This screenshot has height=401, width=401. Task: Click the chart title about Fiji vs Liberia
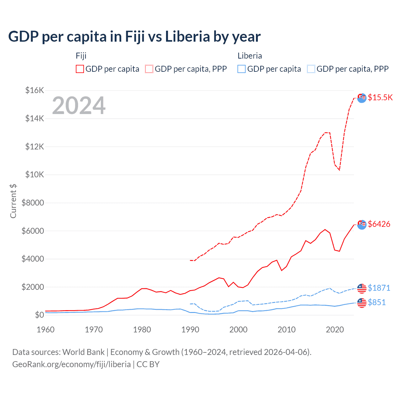134,37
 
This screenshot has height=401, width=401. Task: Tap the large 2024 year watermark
79,106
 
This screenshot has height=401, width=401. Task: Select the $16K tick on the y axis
34,91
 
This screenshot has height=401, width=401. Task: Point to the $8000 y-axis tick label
33,203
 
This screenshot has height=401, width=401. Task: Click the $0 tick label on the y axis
39,315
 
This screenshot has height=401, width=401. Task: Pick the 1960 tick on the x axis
46,330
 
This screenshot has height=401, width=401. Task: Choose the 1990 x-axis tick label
190,330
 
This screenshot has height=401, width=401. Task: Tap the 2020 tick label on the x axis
335,330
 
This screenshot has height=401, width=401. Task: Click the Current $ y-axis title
13,201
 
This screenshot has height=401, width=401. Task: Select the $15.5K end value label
380,97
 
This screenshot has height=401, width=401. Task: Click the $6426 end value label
379,224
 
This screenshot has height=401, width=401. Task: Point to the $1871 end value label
379,288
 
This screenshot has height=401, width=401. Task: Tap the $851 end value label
377,302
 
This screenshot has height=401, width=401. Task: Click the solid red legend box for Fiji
80,69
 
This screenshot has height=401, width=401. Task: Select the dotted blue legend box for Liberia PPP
311,69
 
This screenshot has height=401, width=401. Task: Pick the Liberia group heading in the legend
250,56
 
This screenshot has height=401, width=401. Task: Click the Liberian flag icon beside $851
362,303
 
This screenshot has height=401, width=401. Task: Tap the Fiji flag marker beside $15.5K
362,98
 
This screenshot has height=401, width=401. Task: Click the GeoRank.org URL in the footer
71,364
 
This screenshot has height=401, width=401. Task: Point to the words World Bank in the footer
83,352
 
